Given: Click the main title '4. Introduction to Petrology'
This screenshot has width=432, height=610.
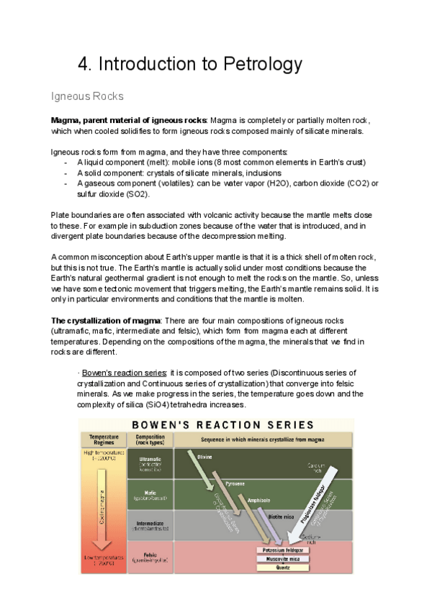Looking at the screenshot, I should (x=189, y=64).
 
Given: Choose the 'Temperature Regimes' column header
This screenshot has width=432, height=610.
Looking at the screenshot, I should (x=103, y=440).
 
